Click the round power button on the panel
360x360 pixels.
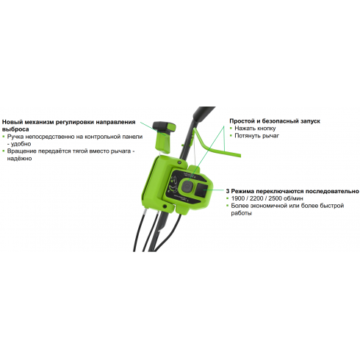pos(187,187)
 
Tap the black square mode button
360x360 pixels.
pos(201,190)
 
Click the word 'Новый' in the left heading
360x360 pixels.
pos(12,122)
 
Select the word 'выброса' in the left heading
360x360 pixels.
pos(15,129)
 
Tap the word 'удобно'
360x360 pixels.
pos(21,144)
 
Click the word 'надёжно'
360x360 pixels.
pos(19,159)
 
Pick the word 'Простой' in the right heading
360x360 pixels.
pos(242,121)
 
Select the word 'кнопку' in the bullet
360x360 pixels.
pos(265,129)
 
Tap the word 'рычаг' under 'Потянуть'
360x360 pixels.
pos(270,136)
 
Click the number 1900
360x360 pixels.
pos(239,198)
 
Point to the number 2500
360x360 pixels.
pos(276,198)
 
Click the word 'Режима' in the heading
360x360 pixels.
pos(242,191)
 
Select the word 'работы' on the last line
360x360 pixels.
pos(241,213)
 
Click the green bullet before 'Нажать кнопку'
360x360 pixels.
pos(231,128)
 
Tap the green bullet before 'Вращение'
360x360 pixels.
pos(4,151)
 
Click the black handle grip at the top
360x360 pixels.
pos(204,113)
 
